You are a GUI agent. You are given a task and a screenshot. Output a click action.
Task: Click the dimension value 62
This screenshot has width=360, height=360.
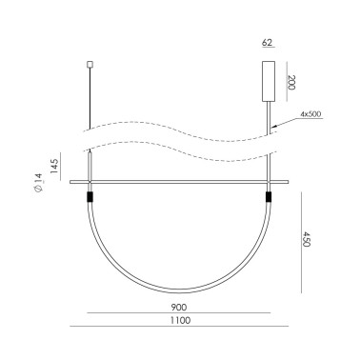tap(267, 43)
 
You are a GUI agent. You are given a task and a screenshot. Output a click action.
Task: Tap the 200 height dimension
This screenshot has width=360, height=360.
tap(291, 83)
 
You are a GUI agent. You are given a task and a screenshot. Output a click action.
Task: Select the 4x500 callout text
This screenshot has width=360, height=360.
tap(310, 114)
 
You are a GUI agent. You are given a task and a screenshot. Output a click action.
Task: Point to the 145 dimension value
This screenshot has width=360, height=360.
tap(54, 166)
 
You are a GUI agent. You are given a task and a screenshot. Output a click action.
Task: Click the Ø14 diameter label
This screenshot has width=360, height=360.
tap(38, 183)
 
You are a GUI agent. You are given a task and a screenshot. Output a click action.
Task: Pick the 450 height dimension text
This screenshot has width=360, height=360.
tap(306, 239)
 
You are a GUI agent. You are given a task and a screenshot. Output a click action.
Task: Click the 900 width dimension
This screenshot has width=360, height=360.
tap(179, 308)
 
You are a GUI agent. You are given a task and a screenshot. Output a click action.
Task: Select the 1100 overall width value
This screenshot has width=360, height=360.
tap(180, 320)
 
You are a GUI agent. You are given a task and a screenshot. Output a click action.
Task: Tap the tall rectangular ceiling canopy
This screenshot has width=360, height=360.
tap(269, 81)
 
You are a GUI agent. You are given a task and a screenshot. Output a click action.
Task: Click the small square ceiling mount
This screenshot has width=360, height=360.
tap(90, 65)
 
